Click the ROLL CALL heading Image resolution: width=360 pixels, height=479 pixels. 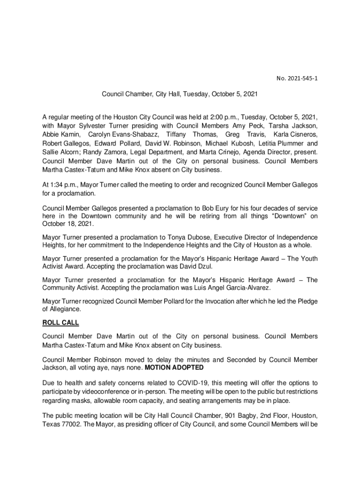point(61,323)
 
